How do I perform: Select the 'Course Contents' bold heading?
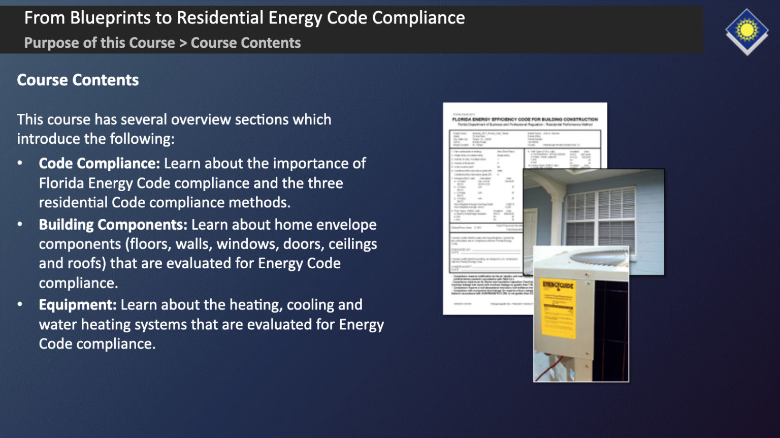pos(78,80)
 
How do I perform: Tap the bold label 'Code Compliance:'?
pos(100,164)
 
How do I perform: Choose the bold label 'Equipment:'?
pos(78,305)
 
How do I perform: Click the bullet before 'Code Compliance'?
pos(20,164)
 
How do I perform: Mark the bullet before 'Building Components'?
pos(20,225)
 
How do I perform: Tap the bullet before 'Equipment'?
pos(20,305)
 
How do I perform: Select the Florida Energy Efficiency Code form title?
pos(525,119)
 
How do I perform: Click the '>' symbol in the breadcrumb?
pos(183,43)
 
